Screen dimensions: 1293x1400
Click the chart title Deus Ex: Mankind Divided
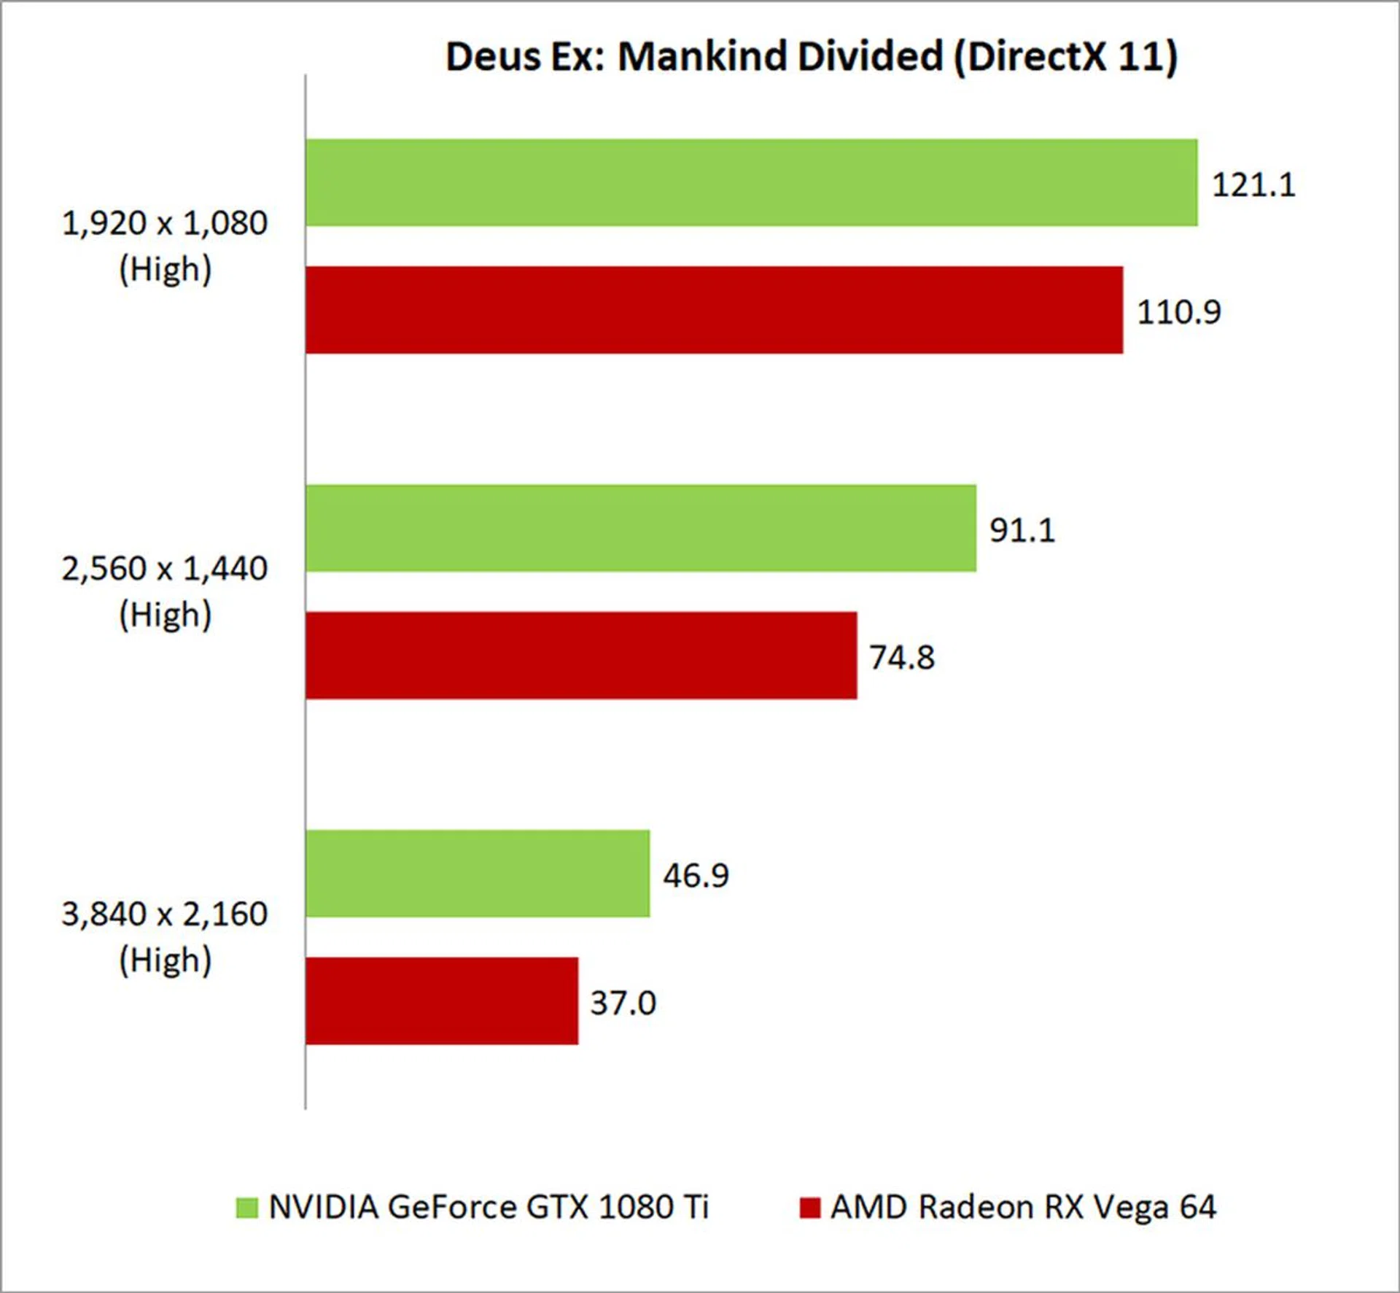(x=811, y=57)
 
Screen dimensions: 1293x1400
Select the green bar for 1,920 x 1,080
(x=751, y=182)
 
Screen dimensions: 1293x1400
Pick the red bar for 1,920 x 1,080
(x=714, y=310)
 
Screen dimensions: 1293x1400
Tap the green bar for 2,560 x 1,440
(x=640, y=528)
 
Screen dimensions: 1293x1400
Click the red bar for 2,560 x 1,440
(x=581, y=656)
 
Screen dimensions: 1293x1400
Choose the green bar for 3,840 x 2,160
(x=478, y=873)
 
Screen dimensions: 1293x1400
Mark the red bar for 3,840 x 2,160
(x=442, y=1001)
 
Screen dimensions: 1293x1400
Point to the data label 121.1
(x=1253, y=185)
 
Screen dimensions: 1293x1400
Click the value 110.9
(x=1178, y=312)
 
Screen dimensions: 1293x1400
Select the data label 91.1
(x=1022, y=530)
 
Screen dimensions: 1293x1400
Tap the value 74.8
(x=901, y=658)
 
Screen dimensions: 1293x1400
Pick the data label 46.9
(x=695, y=875)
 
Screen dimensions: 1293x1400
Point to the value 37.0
(x=623, y=1003)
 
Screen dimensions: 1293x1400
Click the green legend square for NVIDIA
(x=247, y=1208)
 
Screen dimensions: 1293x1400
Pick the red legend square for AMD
(x=809, y=1208)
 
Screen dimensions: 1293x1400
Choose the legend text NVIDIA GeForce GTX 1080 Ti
(x=489, y=1208)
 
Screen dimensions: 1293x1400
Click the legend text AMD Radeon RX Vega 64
(x=1023, y=1208)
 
